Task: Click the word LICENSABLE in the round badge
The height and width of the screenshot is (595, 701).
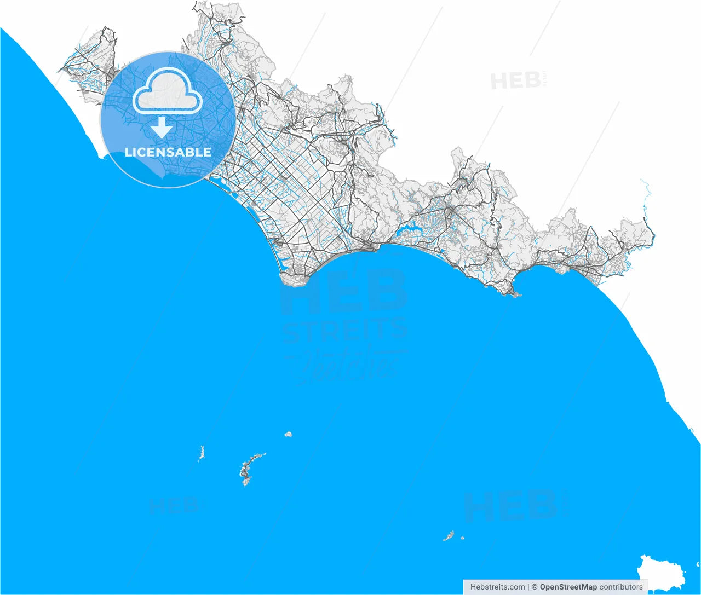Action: (168, 152)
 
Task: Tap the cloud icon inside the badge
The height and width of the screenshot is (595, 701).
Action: (168, 92)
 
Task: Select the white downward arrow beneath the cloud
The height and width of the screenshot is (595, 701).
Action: (162, 128)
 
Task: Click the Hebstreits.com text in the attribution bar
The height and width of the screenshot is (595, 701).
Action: (497, 587)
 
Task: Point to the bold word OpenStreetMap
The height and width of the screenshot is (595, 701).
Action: (568, 587)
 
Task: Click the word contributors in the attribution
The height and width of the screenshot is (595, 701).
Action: (621, 587)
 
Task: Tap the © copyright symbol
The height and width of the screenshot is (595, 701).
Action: (535, 587)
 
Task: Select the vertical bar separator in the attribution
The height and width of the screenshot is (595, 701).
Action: (528, 587)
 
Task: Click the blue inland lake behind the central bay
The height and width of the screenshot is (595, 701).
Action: (408, 229)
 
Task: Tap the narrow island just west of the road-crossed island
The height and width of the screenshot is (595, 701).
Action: (202, 453)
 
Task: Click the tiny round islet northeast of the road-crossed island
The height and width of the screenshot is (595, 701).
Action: (288, 434)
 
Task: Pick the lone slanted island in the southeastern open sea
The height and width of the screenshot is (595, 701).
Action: (449, 535)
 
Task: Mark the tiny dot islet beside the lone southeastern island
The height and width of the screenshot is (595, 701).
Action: (463, 538)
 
